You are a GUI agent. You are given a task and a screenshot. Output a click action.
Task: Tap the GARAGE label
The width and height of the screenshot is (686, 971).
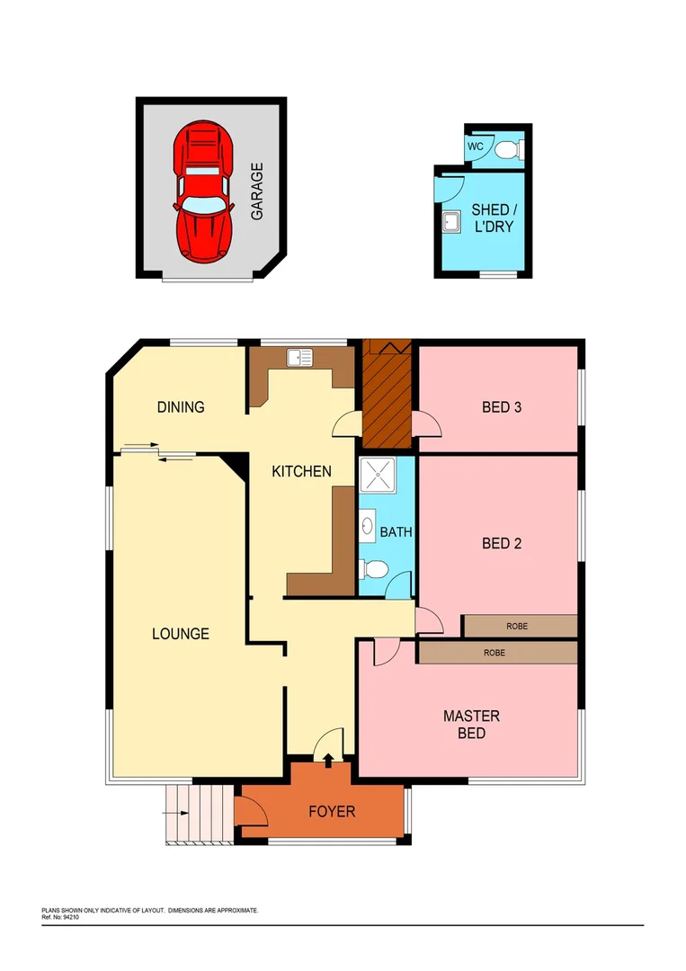tap(257, 191)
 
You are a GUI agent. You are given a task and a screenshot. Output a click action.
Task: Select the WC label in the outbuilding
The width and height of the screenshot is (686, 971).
tap(475, 147)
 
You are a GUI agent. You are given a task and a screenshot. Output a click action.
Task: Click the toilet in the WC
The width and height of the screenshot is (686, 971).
tap(510, 149)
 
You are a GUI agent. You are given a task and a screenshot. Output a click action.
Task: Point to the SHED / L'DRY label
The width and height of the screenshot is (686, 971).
tap(493, 218)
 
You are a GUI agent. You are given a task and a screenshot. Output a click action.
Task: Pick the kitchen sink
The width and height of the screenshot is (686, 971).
tap(299, 358)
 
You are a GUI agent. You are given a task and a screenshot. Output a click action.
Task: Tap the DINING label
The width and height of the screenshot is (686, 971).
tap(181, 406)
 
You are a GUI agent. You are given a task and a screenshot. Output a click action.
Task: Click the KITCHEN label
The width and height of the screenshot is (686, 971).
tap(302, 471)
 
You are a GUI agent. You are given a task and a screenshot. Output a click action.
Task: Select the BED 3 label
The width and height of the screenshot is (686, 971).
tap(502, 406)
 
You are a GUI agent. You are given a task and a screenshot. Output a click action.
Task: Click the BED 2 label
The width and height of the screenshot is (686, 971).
tap(502, 543)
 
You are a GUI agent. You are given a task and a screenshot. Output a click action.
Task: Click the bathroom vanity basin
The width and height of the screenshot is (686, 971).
tap(369, 526)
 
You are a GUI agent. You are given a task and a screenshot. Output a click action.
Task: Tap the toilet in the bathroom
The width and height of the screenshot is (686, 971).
tap(373, 568)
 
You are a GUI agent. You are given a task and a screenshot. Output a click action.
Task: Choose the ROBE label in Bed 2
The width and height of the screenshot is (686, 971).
tap(517, 625)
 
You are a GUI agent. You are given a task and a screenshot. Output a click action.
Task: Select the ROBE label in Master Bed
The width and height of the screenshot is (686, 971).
tap(494, 652)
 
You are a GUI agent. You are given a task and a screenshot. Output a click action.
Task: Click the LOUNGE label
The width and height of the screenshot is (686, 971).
tap(180, 634)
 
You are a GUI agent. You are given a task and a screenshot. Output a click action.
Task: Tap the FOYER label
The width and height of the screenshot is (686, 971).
tap(332, 812)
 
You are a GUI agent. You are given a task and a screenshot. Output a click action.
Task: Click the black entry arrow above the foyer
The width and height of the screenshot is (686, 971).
tap(326, 762)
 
